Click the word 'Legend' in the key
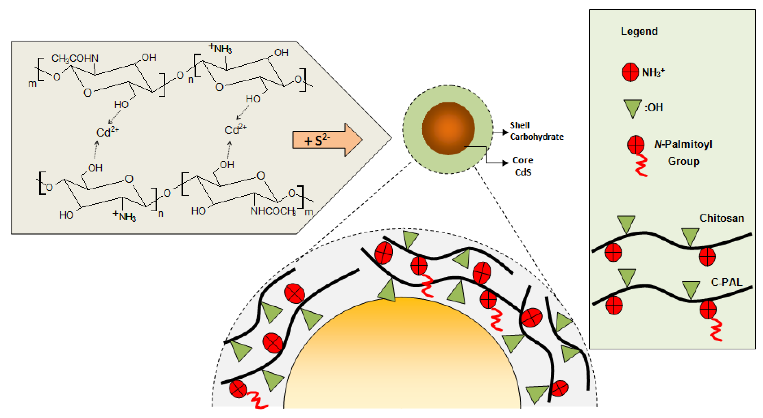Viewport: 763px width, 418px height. pyautogui.click(x=639, y=31)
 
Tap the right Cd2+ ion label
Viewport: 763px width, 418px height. pyautogui.click(x=235, y=129)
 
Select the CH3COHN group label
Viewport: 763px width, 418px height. pyautogui.click(x=75, y=58)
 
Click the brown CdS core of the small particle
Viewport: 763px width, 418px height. pyautogui.click(x=448, y=128)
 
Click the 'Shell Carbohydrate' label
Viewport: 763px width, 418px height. pyautogui.click(x=536, y=131)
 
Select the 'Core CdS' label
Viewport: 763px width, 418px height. pyautogui.click(x=523, y=166)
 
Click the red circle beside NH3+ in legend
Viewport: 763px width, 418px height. pyautogui.click(x=630, y=72)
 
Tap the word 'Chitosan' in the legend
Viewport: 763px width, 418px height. pyautogui.click(x=721, y=218)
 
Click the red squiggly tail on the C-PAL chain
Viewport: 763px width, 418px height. pyautogui.click(x=716, y=330)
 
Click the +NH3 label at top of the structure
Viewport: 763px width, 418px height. pyautogui.click(x=220, y=48)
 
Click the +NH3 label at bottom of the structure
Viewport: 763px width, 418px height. pyautogui.click(x=124, y=216)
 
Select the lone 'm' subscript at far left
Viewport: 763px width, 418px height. pyautogui.click(x=32, y=84)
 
